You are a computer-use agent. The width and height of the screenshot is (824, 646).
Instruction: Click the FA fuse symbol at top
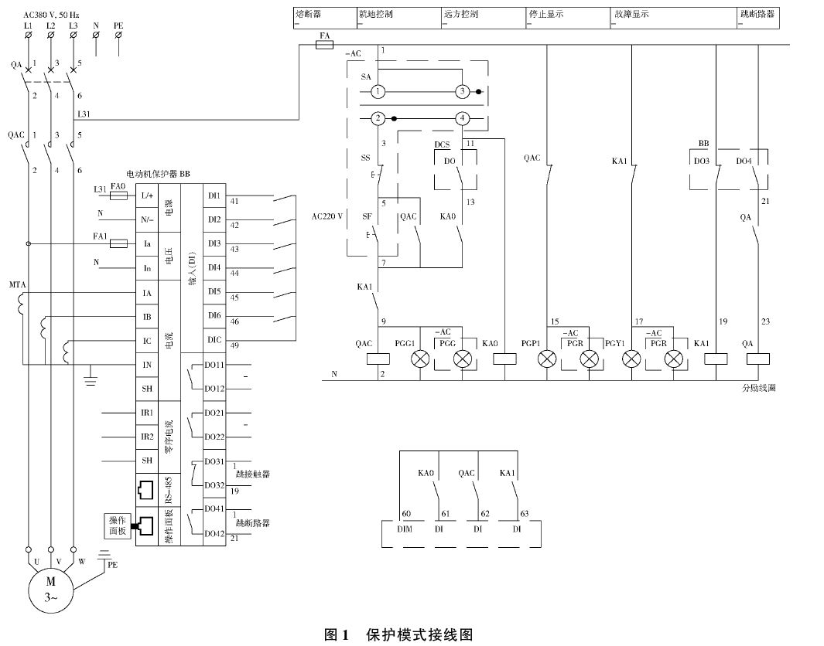tap(326, 46)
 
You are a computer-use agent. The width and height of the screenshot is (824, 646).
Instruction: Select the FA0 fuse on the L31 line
tap(118, 196)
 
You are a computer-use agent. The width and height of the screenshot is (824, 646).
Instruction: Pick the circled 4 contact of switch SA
tap(462, 118)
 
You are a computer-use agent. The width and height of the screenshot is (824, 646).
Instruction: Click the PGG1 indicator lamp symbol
tap(421, 359)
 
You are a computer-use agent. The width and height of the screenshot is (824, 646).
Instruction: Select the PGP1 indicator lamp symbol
tap(547, 359)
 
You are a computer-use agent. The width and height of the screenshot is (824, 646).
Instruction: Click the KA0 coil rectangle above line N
tap(504, 359)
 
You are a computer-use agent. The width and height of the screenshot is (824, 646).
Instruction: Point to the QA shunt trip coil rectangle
tap(759, 359)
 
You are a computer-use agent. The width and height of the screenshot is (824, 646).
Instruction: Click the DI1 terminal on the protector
tap(214, 196)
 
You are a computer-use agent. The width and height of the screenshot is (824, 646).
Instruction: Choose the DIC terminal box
tap(214, 340)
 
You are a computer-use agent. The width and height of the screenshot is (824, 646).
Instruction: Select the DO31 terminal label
tap(214, 461)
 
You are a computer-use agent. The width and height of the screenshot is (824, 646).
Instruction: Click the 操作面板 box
tap(118, 526)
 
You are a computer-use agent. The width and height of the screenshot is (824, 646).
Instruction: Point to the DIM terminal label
tap(405, 529)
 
